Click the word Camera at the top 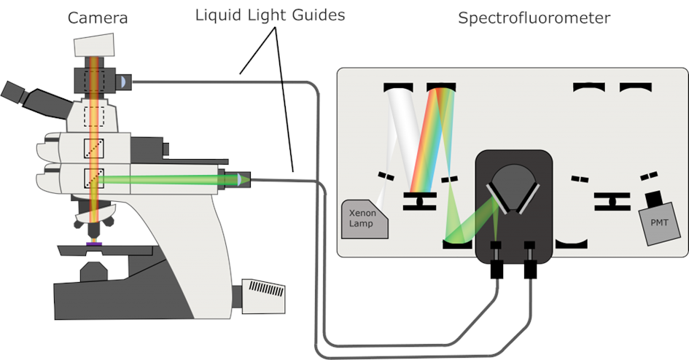(98, 17)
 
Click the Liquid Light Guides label (269, 15)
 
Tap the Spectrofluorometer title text (534, 17)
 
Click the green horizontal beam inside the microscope (160, 179)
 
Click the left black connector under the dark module (497, 268)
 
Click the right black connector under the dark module (530, 268)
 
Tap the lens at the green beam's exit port (243, 179)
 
